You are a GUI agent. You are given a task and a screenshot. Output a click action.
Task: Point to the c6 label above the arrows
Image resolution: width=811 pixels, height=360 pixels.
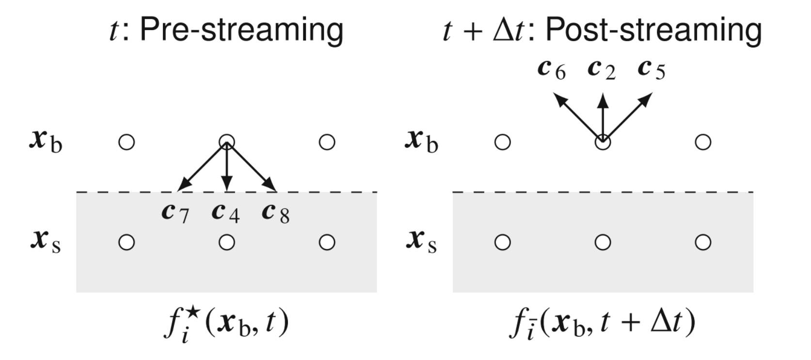552,70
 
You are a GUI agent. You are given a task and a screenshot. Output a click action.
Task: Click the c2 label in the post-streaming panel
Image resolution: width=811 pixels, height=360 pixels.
602,70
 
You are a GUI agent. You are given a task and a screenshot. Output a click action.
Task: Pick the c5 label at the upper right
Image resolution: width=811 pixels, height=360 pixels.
652,70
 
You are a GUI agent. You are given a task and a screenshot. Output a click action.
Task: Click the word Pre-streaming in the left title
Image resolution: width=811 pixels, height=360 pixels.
241,30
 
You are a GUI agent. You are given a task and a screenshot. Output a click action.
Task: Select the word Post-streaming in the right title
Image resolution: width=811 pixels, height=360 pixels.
653,30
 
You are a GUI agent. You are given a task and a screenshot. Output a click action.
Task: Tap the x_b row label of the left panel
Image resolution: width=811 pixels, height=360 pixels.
46,141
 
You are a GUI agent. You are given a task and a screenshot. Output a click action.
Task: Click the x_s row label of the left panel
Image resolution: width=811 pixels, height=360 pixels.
46,241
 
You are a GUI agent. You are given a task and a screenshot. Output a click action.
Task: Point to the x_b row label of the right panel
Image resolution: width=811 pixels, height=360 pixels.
422,141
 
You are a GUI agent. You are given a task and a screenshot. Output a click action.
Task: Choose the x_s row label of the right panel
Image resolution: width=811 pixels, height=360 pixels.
422,241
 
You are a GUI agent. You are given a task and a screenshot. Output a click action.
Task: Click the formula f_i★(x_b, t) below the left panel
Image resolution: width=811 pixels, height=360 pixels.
226,324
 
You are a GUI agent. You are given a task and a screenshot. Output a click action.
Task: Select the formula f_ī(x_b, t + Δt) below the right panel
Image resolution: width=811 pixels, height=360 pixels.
603,324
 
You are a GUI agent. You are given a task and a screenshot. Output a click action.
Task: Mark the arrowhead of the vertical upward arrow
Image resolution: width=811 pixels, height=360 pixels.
603,99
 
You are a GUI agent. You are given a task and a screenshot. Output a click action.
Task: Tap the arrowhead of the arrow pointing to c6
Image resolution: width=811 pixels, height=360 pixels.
559,100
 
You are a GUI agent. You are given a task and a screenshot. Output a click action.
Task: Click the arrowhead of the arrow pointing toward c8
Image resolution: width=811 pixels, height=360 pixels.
270,187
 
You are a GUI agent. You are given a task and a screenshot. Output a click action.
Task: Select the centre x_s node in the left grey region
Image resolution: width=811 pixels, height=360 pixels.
226,242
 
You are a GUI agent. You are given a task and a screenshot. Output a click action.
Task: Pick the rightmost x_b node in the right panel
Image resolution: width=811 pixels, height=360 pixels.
703,142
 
